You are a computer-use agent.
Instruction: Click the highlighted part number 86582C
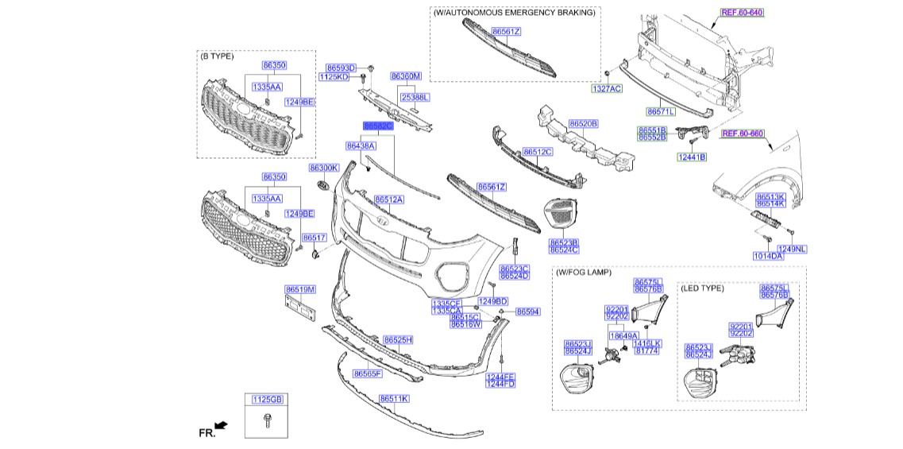click(x=378, y=126)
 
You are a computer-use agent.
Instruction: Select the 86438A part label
click(x=360, y=146)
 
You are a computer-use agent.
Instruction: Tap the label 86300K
click(x=324, y=168)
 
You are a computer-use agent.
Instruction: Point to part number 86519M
click(x=300, y=289)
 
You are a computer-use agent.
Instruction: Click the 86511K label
click(x=393, y=398)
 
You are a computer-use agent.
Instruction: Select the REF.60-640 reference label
click(x=742, y=13)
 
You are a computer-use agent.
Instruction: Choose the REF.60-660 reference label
click(x=742, y=134)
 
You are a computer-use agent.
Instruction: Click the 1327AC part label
click(x=606, y=89)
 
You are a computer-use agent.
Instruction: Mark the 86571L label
click(x=660, y=112)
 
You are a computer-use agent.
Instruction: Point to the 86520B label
click(x=583, y=124)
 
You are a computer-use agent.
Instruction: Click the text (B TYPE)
click(x=216, y=56)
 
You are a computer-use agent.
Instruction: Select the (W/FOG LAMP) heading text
click(x=583, y=273)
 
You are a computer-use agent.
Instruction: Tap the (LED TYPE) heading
click(x=702, y=288)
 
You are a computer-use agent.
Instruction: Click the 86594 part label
click(x=527, y=312)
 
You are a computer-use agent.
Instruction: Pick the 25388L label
click(x=415, y=97)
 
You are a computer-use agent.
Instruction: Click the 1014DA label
click(x=768, y=256)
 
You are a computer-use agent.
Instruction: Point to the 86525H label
click(x=398, y=339)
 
